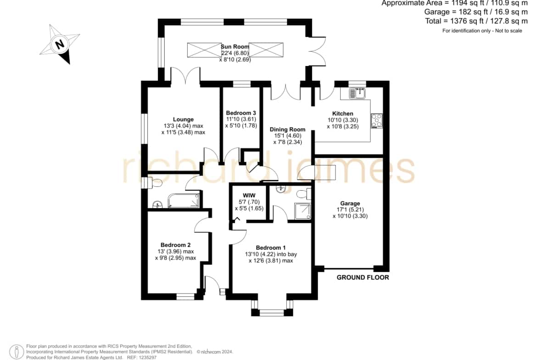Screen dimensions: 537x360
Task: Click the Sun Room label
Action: click(x=235, y=46)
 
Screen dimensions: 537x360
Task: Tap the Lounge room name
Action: click(x=183, y=119)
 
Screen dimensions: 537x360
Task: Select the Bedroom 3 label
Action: click(x=241, y=113)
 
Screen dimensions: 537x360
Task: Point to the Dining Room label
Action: click(x=287, y=129)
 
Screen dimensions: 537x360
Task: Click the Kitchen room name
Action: click(x=342, y=114)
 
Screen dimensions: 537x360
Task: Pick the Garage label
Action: click(x=350, y=203)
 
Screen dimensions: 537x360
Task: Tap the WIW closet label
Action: click(x=249, y=195)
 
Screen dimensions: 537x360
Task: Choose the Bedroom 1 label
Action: click(x=270, y=248)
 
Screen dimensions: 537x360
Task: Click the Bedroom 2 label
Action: click(x=175, y=245)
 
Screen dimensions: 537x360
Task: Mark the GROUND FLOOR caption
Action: click(x=363, y=277)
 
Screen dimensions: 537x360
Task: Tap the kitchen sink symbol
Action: click(x=357, y=93)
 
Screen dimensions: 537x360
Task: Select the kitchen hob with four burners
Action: click(x=376, y=121)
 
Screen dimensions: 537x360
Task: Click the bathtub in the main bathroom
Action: click(x=184, y=201)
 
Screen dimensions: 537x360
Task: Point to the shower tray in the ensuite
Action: click(x=303, y=211)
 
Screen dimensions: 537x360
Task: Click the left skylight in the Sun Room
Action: click(x=204, y=50)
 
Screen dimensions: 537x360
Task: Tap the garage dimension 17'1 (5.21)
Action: click(x=350, y=210)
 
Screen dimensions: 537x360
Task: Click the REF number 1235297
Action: click(x=146, y=358)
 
